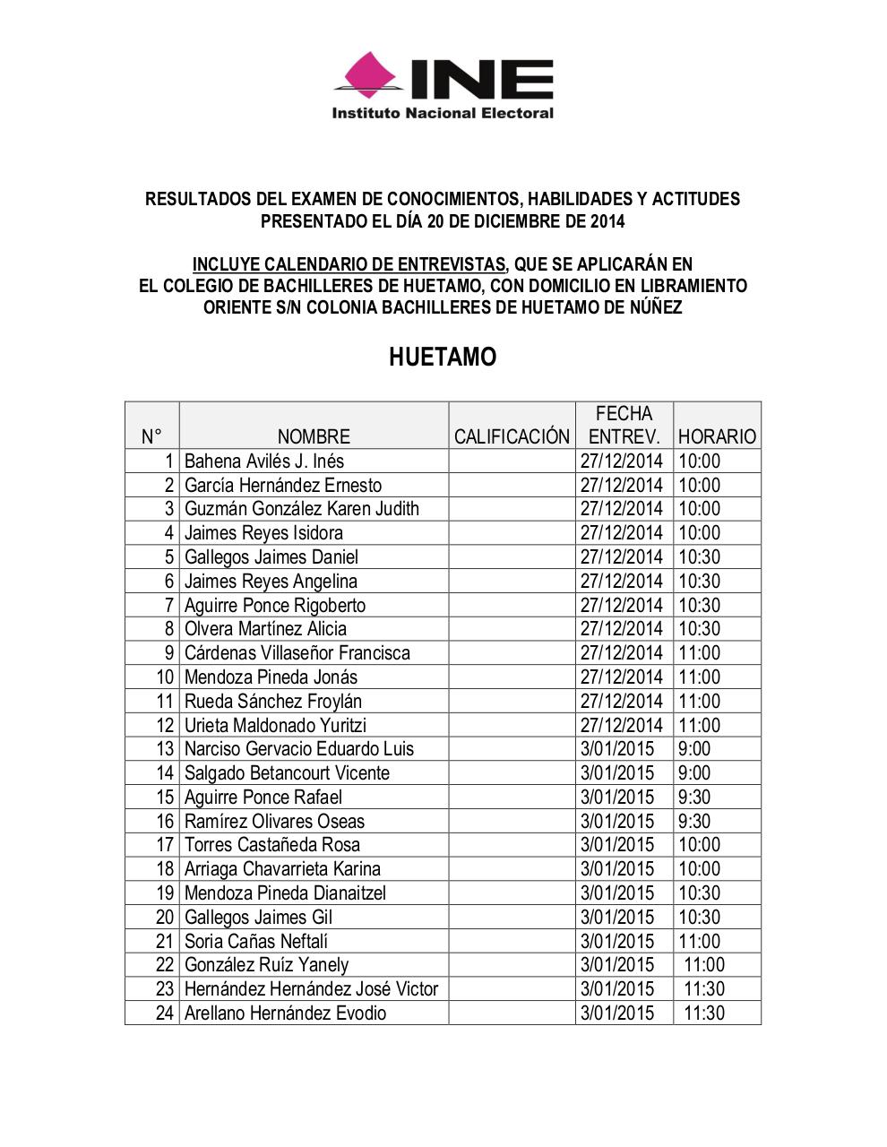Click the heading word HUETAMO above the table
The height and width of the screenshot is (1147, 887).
[x=443, y=357]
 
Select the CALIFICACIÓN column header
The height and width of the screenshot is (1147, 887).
[x=512, y=436]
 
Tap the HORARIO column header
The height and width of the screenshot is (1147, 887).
[x=717, y=436]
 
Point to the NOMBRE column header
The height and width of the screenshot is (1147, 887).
[x=314, y=436]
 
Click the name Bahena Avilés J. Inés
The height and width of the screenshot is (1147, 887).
[x=264, y=461]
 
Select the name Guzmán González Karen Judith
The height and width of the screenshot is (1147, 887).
[x=302, y=509]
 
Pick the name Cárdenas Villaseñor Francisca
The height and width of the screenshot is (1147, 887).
[x=297, y=653]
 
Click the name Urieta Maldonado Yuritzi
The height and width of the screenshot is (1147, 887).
[x=275, y=725]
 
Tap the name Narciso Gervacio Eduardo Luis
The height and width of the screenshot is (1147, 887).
[x=299, y=749]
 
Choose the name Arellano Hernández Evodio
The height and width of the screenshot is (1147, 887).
[x=285, y=1013]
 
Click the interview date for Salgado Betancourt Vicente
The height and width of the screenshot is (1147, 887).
[x=617, y=773]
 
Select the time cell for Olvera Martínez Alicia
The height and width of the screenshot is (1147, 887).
[x=699, y=629]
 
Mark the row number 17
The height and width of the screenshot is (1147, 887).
[x=165, y=845]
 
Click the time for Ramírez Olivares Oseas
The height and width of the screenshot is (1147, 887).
[x=694, y=822]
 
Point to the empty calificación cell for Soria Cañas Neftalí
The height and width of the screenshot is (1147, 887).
[x=512, y=942]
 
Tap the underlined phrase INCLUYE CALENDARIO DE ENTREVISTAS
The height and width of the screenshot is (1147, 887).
[x=349, y=264]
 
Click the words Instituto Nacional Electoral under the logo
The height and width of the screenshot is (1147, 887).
[x=443, y=113]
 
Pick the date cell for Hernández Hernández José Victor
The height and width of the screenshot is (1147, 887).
[x=617, y=989]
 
